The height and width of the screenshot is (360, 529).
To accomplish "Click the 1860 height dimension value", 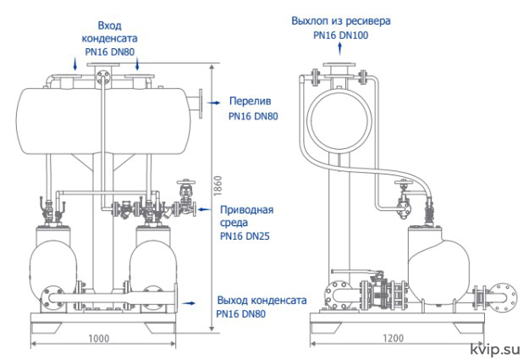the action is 218,186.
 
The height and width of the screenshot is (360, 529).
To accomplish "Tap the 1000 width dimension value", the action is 99,338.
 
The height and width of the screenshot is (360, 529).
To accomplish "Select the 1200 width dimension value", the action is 394,338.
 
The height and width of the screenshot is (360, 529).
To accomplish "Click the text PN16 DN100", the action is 341,35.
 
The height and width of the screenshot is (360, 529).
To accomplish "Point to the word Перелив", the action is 250,101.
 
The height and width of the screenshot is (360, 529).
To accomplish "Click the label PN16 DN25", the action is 245,235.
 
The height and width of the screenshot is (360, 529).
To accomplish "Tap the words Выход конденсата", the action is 262,300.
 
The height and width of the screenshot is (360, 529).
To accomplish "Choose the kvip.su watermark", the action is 495,350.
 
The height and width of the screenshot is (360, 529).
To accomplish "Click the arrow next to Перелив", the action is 213,102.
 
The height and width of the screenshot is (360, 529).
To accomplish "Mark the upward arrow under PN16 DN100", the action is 340,49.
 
